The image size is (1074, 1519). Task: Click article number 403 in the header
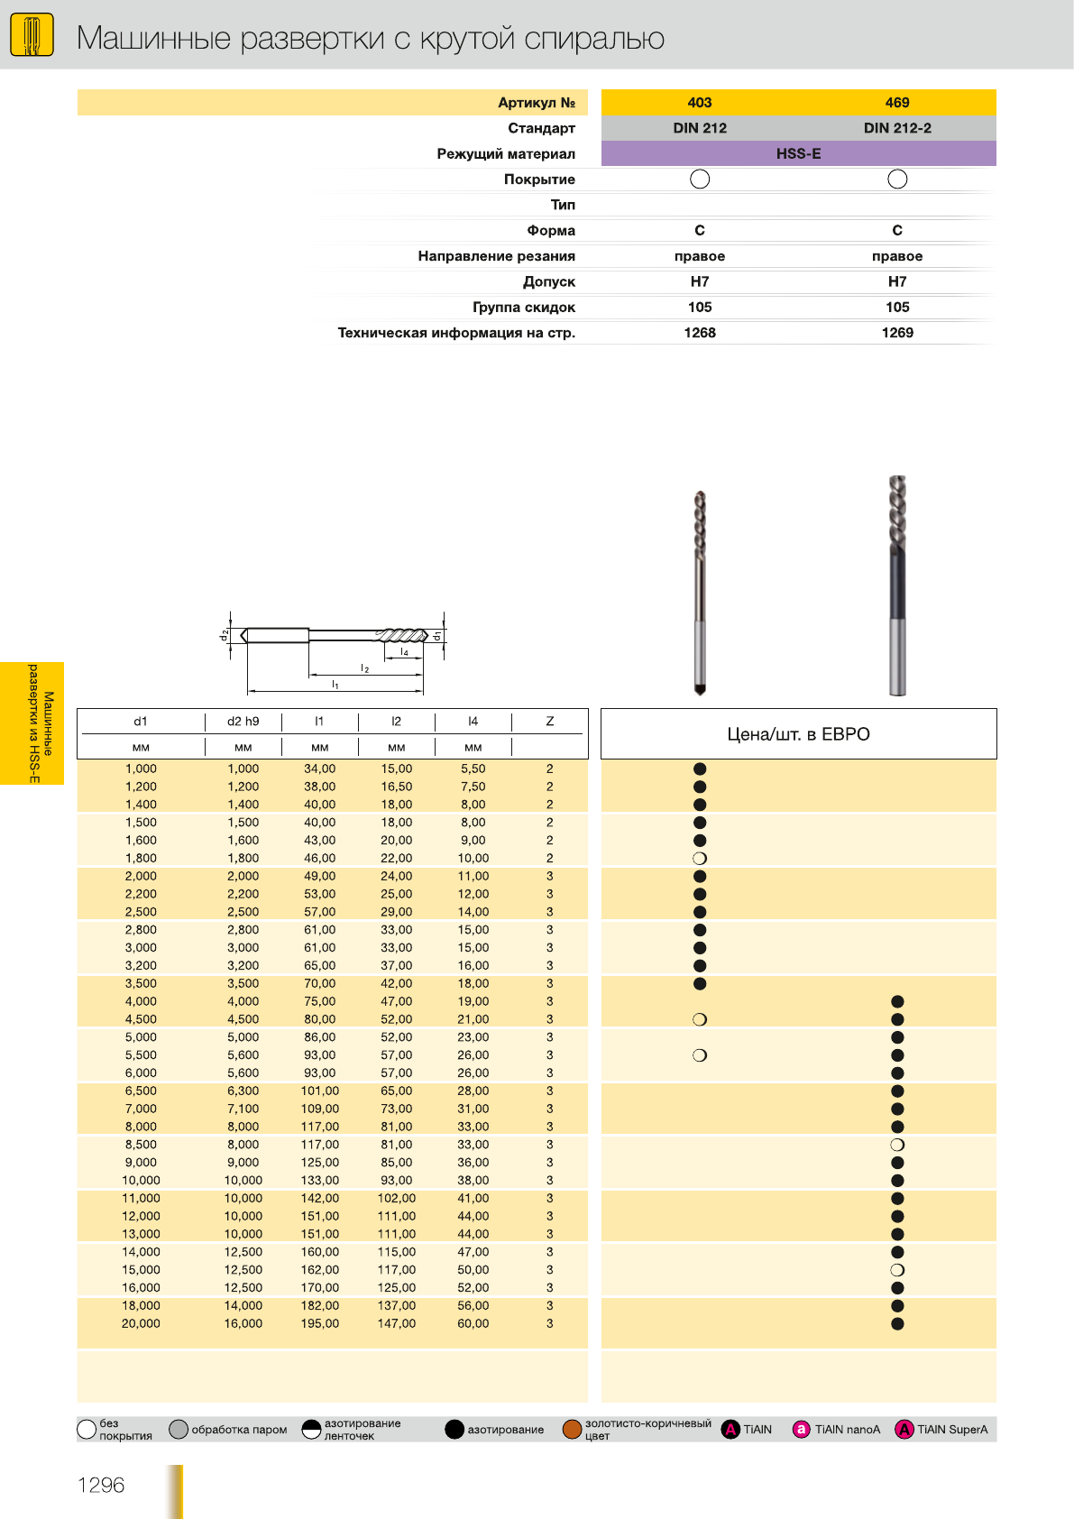pos(700,103)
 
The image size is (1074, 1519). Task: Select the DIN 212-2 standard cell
pos(897,128)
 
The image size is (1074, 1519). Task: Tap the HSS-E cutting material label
pos(798,153)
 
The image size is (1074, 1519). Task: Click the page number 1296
pos(101,1485)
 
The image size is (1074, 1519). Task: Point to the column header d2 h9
pos(243,722)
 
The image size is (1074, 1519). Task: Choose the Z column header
pos(549,722)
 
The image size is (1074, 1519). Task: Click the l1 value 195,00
pos(320,1323)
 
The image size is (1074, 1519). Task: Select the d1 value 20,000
pos(141,1323)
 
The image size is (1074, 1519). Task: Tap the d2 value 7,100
pos(243,1109)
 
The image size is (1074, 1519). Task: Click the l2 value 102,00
pos(397,1198)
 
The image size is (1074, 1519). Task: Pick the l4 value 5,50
pos(473,769)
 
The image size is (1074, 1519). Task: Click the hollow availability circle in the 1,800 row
pos(700,859)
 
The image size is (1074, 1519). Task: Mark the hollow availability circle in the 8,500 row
pos(897,1145)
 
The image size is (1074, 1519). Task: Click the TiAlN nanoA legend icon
pos(801,1429)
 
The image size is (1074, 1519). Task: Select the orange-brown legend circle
pos(572,1429)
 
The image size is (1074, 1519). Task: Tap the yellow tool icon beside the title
pos(32,36)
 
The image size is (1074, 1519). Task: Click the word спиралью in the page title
pos(594,39)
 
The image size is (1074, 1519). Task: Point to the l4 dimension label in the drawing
pos(405,651)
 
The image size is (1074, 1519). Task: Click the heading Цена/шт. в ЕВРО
pos(798,734)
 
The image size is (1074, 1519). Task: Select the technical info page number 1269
pos(897,333)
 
